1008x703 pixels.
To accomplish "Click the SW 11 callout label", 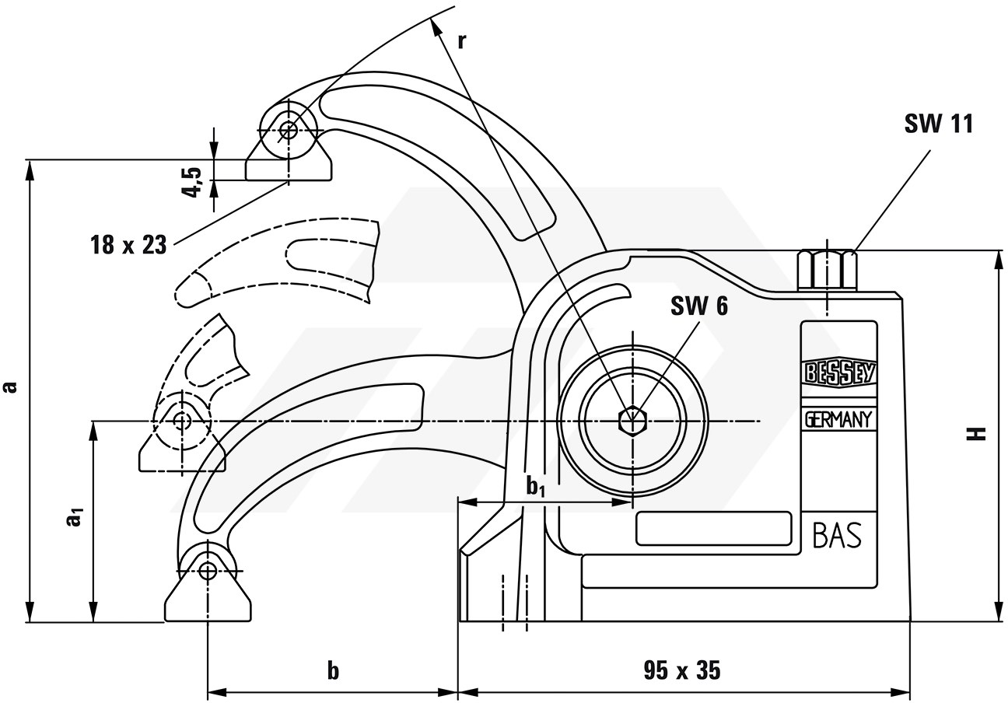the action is point(938,124).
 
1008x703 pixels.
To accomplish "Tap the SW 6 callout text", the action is point(699,306).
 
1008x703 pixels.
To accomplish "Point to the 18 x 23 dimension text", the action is point(128,245).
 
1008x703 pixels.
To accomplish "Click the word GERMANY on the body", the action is point(838,420).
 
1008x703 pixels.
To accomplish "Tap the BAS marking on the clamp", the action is point(838,535).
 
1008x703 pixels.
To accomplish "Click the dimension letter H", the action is point(978,433).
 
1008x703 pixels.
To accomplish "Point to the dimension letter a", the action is point(10,387).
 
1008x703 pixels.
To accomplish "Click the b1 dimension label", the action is point(535,488).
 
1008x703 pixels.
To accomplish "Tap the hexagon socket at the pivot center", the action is point(632,421).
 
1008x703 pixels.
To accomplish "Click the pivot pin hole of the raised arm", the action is point(288,131).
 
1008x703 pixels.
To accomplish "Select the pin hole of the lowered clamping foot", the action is point(208,571).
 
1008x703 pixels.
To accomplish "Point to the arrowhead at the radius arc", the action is point(436,26).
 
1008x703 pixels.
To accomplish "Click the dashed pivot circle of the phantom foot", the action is point(181,421).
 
